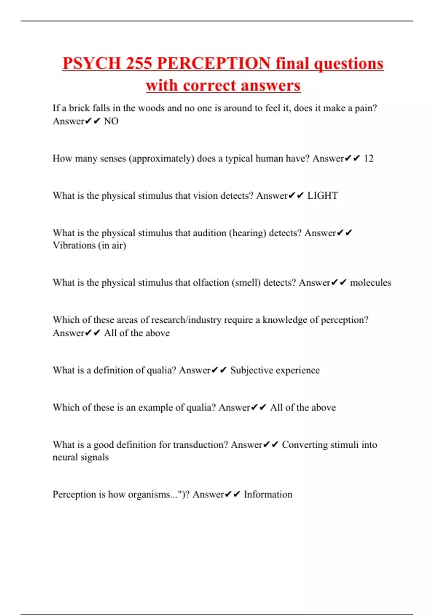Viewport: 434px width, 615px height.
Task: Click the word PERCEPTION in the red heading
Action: (213, 63)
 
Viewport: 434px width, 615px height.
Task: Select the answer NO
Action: (111, 121)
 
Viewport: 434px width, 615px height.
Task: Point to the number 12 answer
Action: (369, 158)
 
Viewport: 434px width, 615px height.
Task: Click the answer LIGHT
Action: (322, 196)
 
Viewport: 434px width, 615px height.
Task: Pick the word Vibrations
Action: (74, 245)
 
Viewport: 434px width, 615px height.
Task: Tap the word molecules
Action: (370, 283)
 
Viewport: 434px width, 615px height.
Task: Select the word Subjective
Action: (252, 370)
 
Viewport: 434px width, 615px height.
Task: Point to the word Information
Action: (268, 495)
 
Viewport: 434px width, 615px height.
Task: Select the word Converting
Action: (305, 445)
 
